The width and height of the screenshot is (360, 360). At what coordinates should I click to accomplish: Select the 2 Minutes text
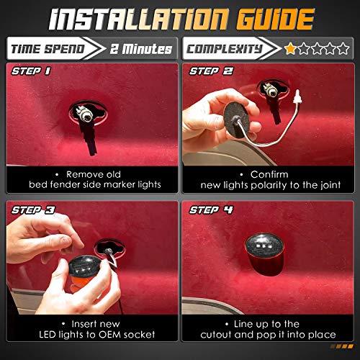tap(140, 49)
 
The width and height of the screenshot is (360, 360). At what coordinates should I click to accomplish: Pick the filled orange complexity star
tap(289, 49)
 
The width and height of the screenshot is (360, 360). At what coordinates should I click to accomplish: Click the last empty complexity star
tap(344, 49)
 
